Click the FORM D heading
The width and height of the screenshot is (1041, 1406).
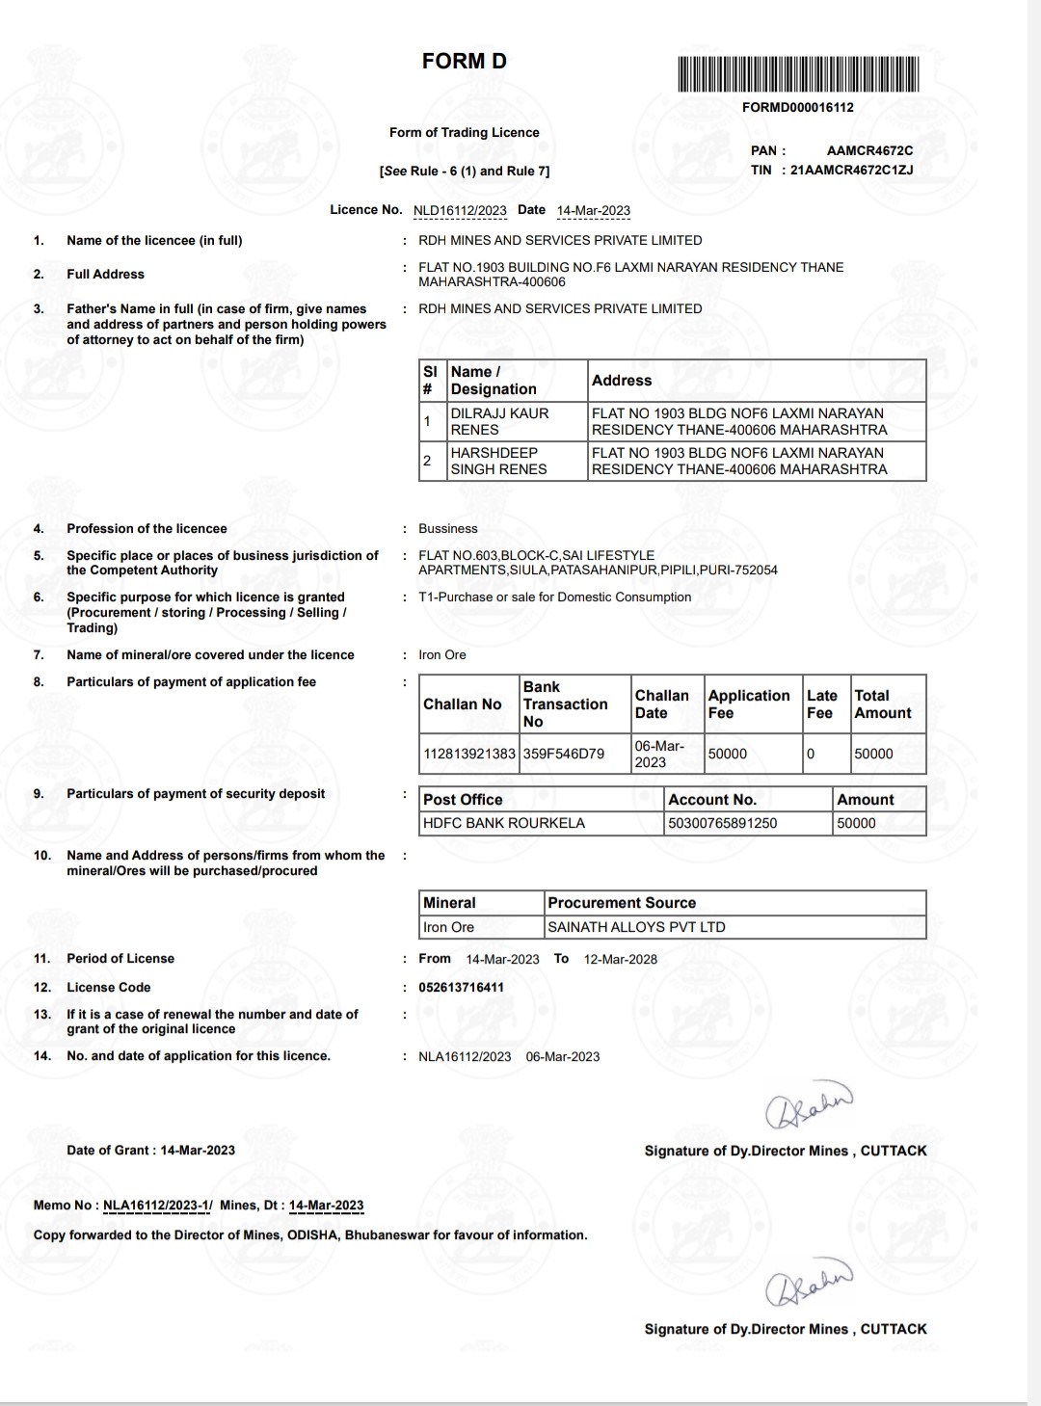(464, 62)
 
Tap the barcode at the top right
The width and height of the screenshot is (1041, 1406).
(797, 74)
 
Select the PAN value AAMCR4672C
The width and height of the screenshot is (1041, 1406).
(869, 150)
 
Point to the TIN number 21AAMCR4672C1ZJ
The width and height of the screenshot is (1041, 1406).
(851, 170)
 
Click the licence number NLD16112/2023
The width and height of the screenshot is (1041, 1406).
(460, 210)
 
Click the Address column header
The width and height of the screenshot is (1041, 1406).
(622, 381)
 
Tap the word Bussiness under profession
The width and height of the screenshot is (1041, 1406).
(447, 528)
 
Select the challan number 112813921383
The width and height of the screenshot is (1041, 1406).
(469, 754)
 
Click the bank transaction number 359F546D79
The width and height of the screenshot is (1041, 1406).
(564, 754)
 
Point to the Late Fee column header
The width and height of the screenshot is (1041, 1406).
(821, 703)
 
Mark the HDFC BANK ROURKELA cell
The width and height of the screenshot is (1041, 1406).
(504, 823)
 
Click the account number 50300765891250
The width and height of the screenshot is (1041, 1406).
(723, 823)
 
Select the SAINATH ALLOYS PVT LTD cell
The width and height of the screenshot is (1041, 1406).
(636, 927)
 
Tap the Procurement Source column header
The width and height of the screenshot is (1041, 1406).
(622, 903)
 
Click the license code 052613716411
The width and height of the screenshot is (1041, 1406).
(461, 987)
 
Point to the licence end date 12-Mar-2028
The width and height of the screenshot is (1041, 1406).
(621, 959)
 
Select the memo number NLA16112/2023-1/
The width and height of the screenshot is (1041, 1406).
(157, 1205)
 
